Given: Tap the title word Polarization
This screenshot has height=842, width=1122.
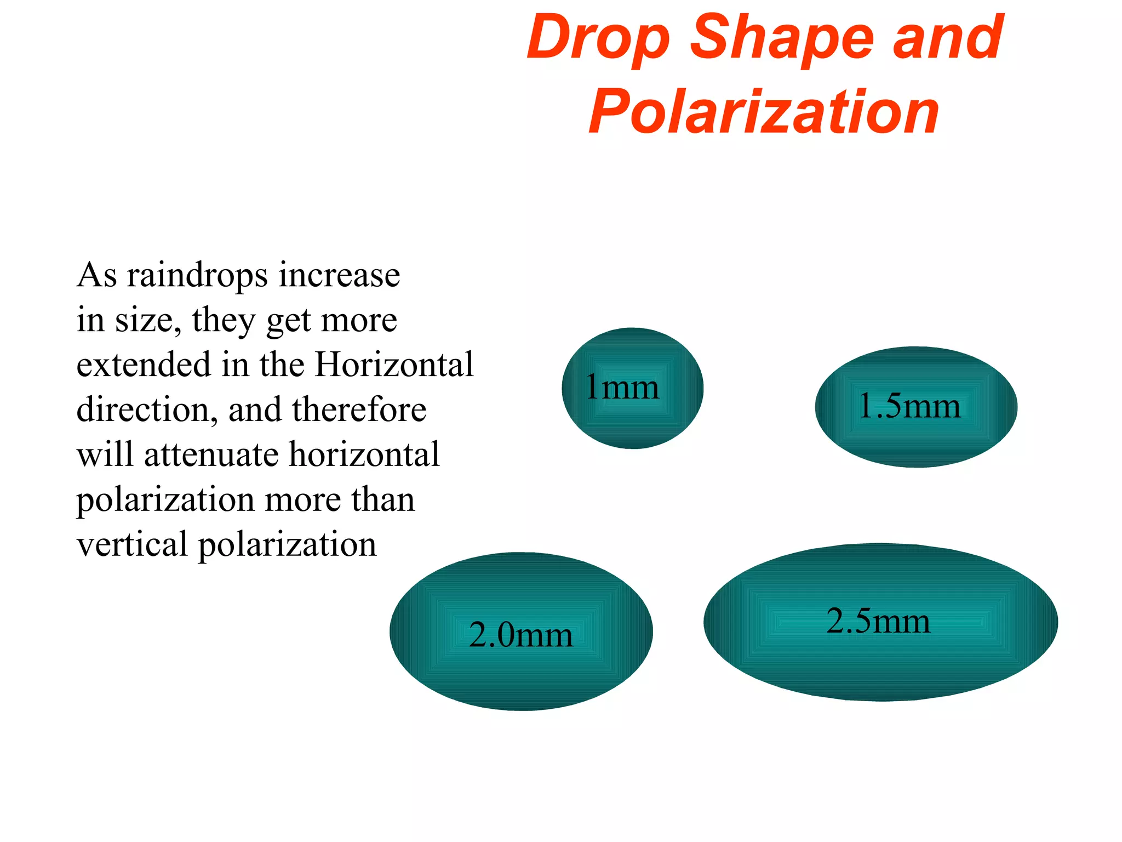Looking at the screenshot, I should pyautogui.click(x=764, y=112).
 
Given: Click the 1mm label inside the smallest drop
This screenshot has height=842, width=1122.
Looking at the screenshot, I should pyautogui.click(x=622, y=387).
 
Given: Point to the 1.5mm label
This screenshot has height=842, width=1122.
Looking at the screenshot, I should pyautogui.click(x=909, y=406).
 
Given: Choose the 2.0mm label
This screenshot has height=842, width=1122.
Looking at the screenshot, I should pyautogui.click(x=520, y=635).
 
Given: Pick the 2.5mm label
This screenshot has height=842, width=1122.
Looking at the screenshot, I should pyautogui.click(x=878, y=621).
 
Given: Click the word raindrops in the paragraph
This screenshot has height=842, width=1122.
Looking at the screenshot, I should pyautogui.click(x=197, y=275).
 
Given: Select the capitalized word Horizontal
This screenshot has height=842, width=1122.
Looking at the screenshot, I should pyautogui.click(x=394, y=364).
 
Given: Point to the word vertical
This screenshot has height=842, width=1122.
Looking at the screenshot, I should pyautogui.click(x=132, y=544).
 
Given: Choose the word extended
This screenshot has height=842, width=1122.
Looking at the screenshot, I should pyautogui.click(x=144, y=364).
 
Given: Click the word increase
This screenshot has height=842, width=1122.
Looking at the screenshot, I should pyautogui.click(x=339, y=275).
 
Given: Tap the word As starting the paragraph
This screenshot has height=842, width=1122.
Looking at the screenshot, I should pyautogui.click(x=97, y=275).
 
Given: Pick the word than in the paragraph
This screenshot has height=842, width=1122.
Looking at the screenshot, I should pyautogui.click(x=383, y=499).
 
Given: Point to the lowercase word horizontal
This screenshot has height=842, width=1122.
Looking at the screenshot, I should pyautogui.click(x=364, y=454).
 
